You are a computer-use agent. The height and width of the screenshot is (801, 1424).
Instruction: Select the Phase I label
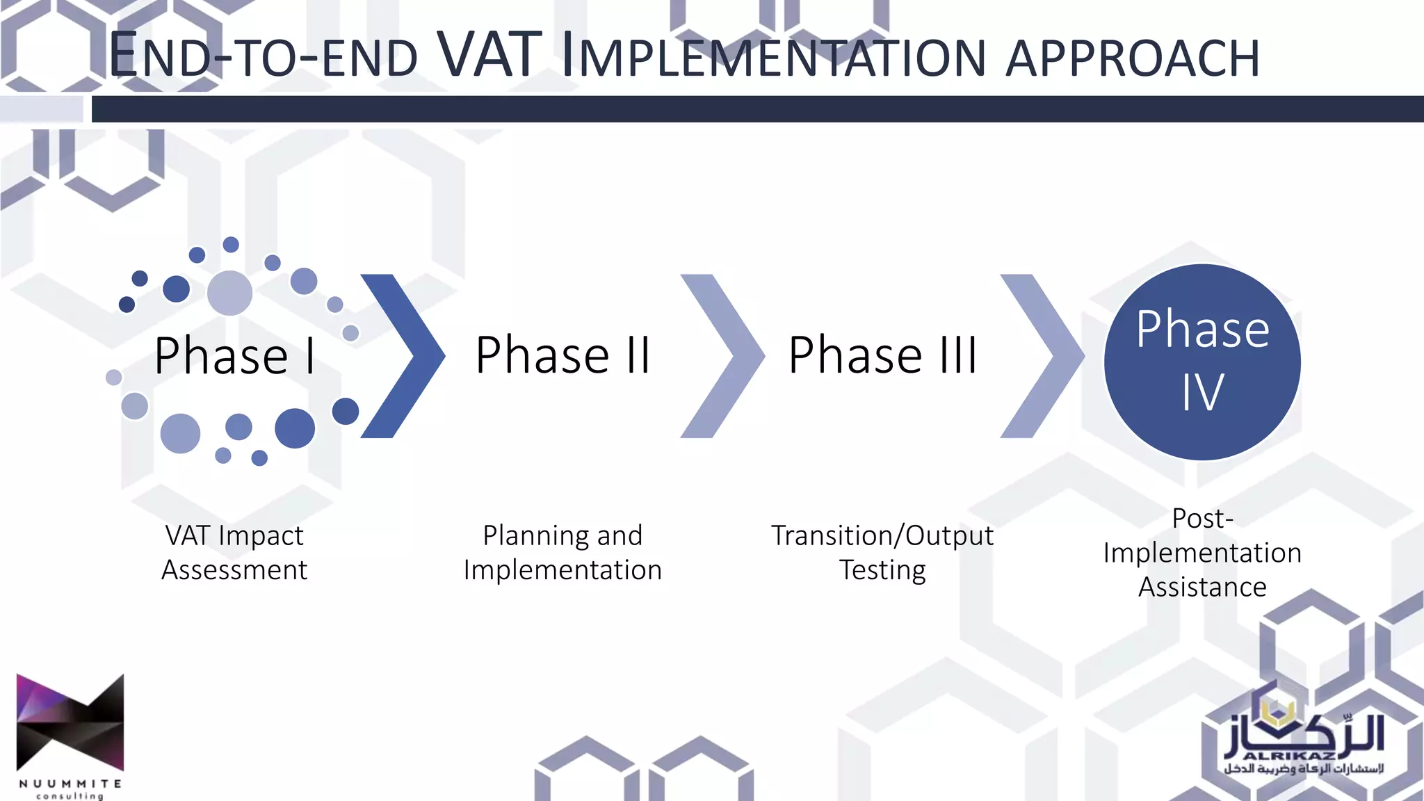[x=235, y=356]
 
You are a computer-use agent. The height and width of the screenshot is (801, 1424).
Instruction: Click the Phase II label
[x=563, y=355]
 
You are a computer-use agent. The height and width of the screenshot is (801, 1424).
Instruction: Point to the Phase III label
[x=882, y=355]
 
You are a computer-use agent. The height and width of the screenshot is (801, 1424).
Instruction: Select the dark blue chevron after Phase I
[x=410, y=356]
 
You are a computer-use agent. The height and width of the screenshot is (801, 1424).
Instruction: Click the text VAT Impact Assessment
[x=234, y=552]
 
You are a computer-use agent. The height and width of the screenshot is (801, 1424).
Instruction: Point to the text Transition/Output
[x=882, y=535]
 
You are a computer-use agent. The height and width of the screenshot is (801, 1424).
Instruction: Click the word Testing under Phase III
[x=882, y=570]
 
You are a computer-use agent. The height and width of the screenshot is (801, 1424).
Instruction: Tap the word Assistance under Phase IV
[x=1202, y=587]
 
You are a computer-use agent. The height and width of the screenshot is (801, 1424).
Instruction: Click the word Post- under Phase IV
[x=1202, y=518]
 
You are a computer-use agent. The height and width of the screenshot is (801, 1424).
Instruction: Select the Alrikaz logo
[x=1304, y=744]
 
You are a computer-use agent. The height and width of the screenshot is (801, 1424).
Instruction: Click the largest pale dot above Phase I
[x=229, y=293]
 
